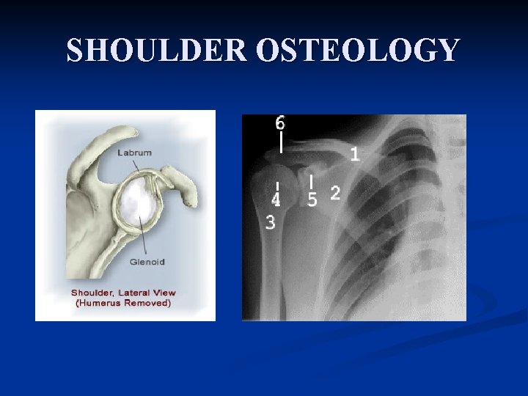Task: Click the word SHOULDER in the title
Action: pos(158,51)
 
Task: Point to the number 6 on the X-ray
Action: pos(280,122)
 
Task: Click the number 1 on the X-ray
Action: pos(355,154)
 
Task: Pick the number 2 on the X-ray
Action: pos(335,193)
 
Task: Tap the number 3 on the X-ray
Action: pos(271,221)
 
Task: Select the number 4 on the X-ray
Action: pos(276,199)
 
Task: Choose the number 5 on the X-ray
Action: pos(312,199)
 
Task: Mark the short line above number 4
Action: pos(277,186)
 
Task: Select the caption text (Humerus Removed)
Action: pos(121,303)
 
